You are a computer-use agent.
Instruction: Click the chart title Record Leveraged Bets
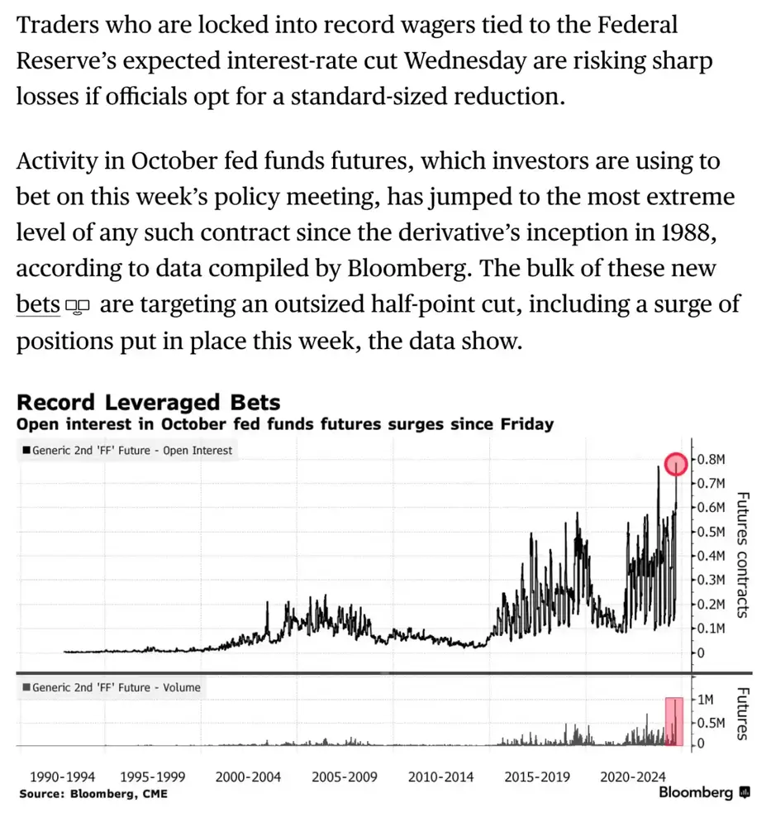coord(148,402)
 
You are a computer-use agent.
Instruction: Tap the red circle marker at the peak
coord(676,464)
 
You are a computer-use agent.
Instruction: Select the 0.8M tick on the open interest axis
coord(712,459)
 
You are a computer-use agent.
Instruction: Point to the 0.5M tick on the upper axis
coord(712,532)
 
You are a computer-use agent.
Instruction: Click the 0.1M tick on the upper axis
coord(712,629)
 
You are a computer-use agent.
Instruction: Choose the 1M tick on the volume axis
coord(706,700)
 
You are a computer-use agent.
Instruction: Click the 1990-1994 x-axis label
coord(62,777)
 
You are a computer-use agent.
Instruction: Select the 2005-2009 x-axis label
coord(344,777)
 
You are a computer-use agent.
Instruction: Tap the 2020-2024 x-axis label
coord(632,777)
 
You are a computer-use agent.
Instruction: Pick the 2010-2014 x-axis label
coord(440,777)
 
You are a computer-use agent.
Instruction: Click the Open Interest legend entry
coord(127,451)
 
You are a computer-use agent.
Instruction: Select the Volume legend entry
coord(112,687)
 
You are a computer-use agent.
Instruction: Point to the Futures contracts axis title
coord(743,555)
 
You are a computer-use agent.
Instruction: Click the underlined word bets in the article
coord(38,304)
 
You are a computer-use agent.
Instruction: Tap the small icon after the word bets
coord(78,306)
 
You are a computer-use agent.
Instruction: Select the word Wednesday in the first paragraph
coord(464,60)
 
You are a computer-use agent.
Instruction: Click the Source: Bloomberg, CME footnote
coord(93,794)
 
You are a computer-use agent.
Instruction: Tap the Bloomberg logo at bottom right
coord(704,793)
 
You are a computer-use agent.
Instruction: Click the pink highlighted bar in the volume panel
coord(674,721)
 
